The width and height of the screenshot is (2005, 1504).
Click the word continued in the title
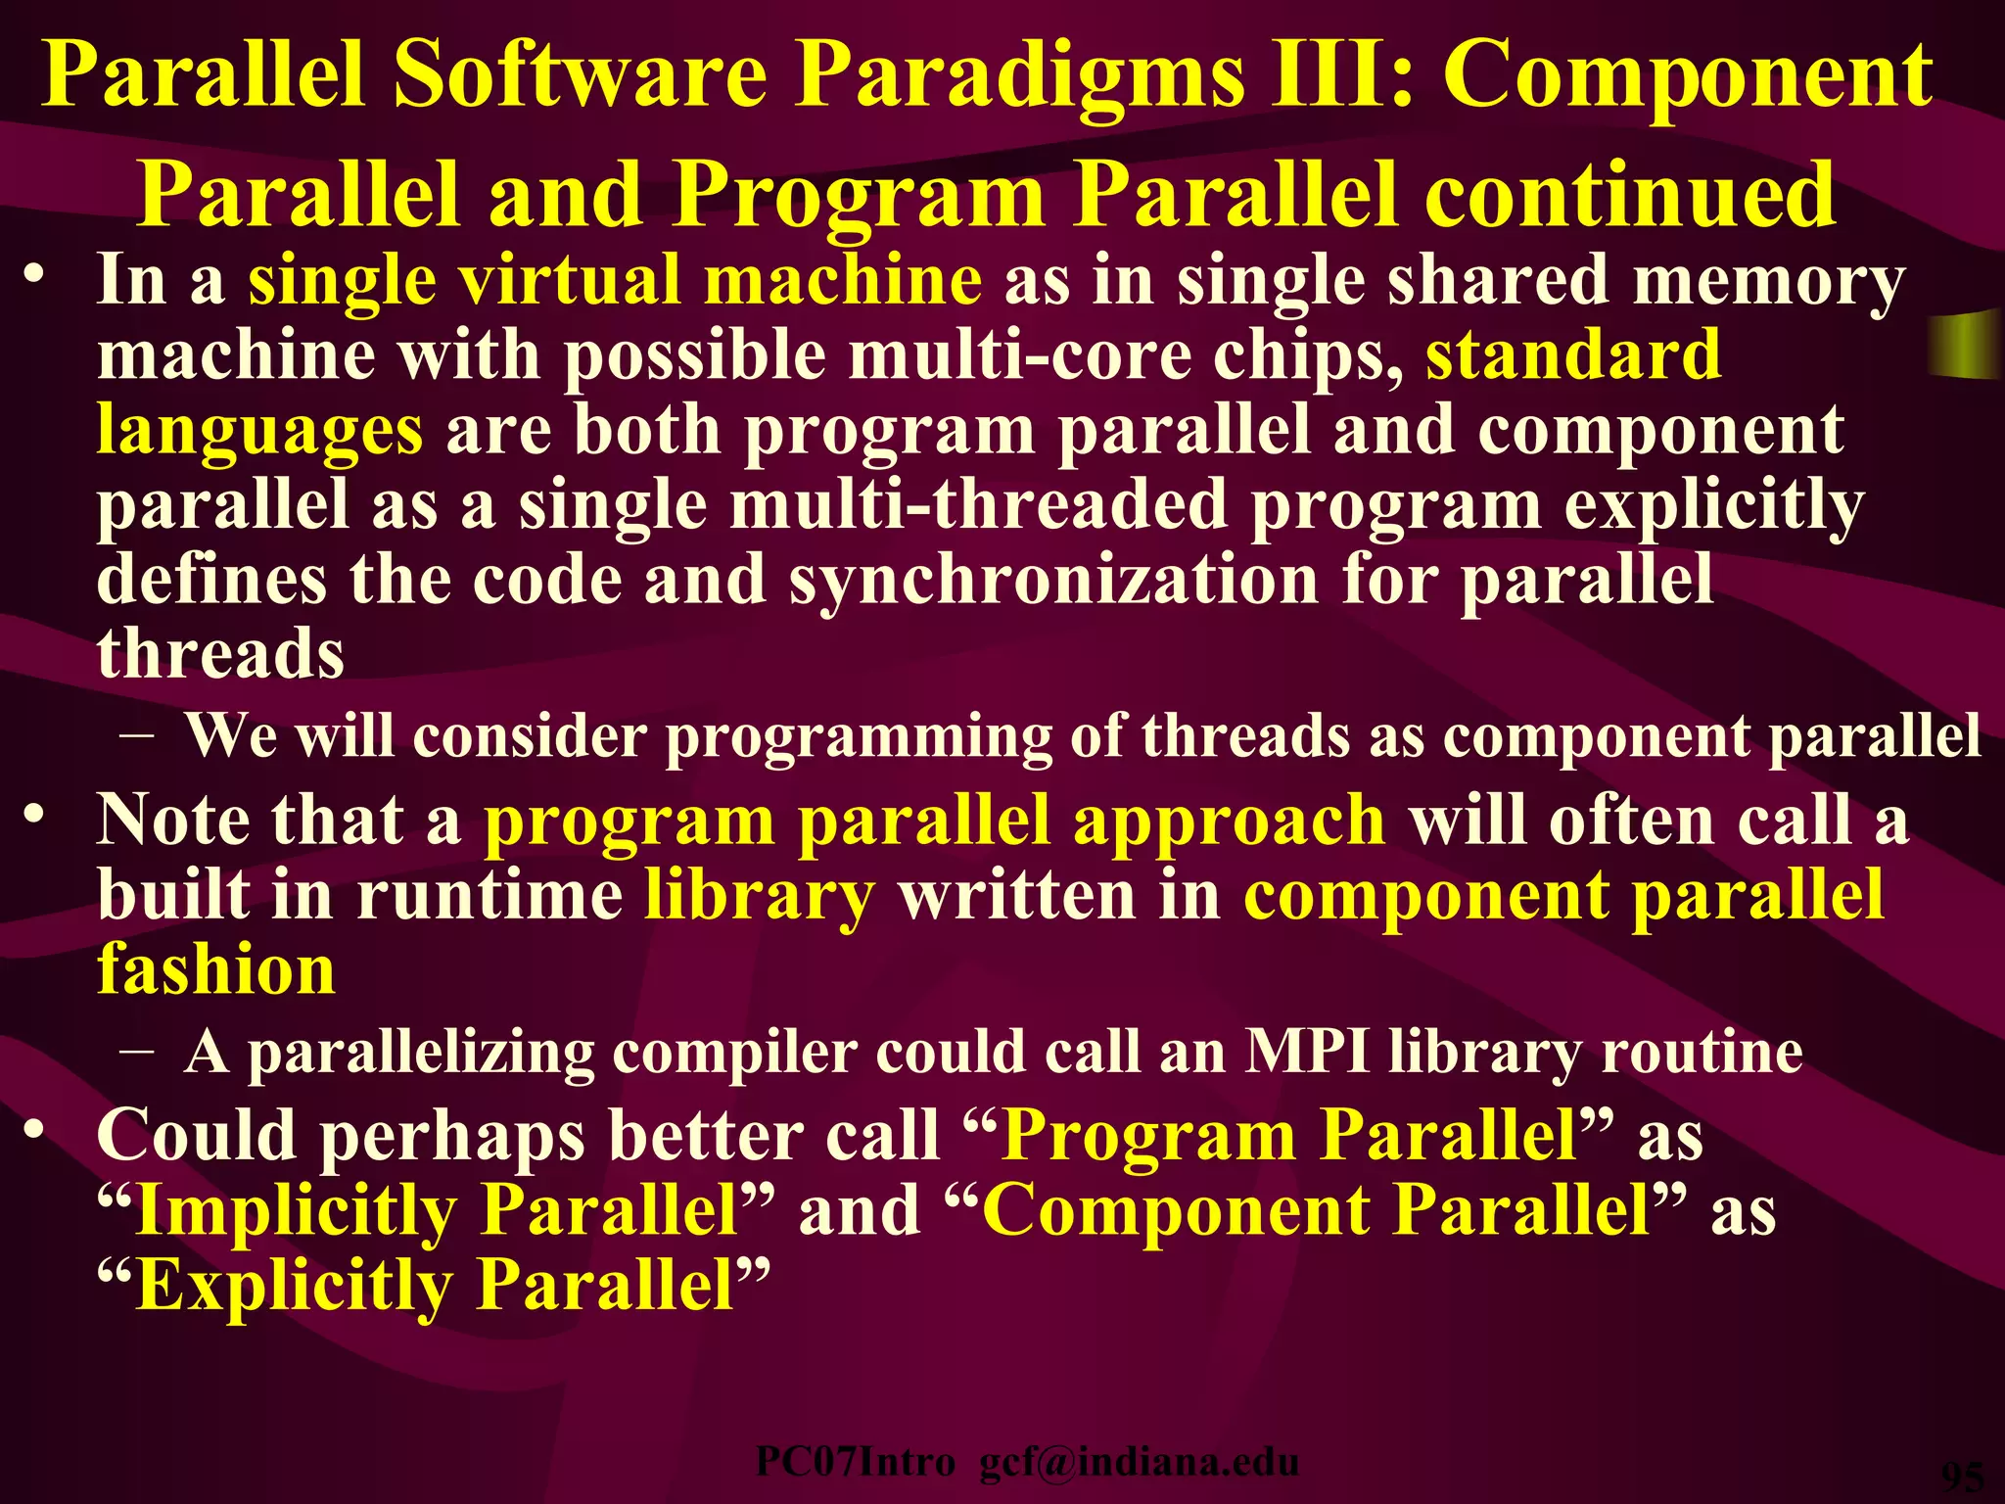(x=1629, y=196)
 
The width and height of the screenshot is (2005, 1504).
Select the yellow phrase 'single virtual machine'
(x=615, y=281)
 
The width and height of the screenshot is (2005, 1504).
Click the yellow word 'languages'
(x=259, y=431)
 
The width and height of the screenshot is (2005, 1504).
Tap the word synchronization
(x=1053, y=580)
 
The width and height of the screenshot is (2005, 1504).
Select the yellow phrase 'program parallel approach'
(x=935, y=821)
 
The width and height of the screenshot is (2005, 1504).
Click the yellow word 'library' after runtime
(x=759, y=895)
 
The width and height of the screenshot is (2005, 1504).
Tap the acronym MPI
(x=1306, y=1053)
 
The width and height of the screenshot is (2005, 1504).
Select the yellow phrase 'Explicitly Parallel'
(x=436, y=1285)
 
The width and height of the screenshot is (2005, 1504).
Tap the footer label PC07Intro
(x=855, y=1462)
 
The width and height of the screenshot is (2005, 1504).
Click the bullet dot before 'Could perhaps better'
(x=35, y=1130)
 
